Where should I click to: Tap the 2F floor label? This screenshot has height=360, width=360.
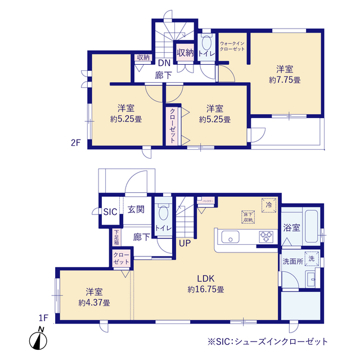pyautogui.click(x=76, y=143)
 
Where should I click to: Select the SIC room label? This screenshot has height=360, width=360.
pyautogui.click(x=110, y=211)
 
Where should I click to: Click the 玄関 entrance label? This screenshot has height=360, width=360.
pyautogui.click(x=136, y=210)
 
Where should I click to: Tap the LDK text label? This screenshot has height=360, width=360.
pyautogui.click(x=206, y=278)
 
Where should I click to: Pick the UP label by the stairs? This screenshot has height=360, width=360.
pyautogui.click(x=184, y=244)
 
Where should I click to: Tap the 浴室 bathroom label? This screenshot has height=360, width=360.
pyautogui.click(x=291, y=228)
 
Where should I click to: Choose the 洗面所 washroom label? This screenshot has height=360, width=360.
pyautogui.click(x=292, y=261)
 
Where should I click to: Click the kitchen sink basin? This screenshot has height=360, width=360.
pyautogui.click(x=230, y=237)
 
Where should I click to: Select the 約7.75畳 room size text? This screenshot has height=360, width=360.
pyautogui.click(x=284, y=80)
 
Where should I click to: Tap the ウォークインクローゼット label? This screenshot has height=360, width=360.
pyautogui.click(x=232, y=46)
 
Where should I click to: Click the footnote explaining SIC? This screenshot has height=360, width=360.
pyautogui.click(x=267, y=341)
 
